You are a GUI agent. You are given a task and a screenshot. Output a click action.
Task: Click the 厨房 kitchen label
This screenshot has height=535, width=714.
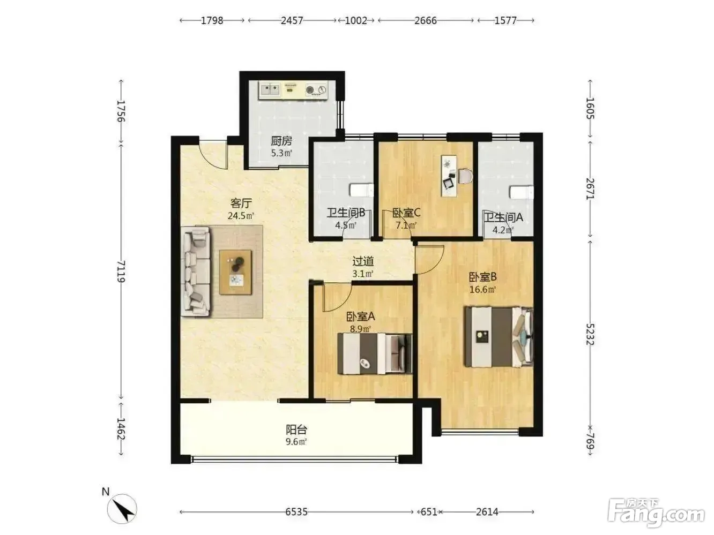[281, 141]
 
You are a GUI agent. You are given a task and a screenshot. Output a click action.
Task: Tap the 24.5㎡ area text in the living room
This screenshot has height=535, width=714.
[240, 215]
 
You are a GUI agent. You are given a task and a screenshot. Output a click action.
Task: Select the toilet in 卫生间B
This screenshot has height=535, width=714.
[361, 190]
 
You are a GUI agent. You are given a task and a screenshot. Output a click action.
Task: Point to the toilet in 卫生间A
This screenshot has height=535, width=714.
[522, 192]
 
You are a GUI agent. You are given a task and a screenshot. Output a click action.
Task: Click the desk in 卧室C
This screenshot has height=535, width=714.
[449, 176]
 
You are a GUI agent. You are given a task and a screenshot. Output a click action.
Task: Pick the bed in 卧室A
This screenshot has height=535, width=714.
[374, 353]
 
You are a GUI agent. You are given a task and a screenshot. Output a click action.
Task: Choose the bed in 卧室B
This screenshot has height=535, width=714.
[499, 337]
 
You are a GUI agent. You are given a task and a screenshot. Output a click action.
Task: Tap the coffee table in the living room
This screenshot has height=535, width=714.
[235, 272]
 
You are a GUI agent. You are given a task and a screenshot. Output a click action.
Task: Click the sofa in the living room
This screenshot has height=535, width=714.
[195, 271]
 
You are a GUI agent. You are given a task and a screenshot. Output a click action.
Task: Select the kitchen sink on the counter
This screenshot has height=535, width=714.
[270, 89]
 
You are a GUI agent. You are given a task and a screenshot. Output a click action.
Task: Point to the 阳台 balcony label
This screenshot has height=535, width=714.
[296, 429]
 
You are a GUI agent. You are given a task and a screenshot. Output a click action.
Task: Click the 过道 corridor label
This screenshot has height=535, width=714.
[363, 261]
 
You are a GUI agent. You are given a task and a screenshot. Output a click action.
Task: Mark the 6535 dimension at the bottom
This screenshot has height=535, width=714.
[296, 512]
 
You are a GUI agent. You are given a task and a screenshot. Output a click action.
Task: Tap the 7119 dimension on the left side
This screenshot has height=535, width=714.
[121, 271]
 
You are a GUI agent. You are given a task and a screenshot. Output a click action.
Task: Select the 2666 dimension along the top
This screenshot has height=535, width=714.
[426, 20]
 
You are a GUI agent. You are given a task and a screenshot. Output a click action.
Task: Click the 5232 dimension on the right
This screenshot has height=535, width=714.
[590, 335]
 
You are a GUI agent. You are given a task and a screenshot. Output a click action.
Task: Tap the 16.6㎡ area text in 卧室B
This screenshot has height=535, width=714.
[482, 289]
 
